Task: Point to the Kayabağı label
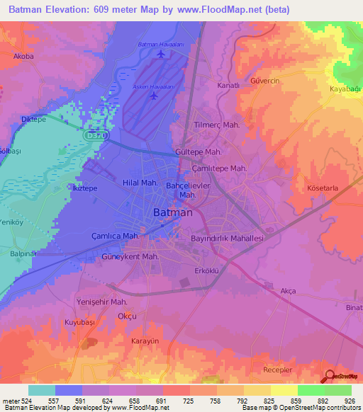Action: tap(346, 88)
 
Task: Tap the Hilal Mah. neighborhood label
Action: tap(140, 183)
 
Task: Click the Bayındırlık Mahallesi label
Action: tap(227, 239)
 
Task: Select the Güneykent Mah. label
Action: tap(130, 256)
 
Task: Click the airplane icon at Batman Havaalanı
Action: tap(161, 55)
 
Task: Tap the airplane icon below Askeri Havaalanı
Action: tap(154, 95)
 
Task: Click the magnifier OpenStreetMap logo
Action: tap(330, 377)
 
